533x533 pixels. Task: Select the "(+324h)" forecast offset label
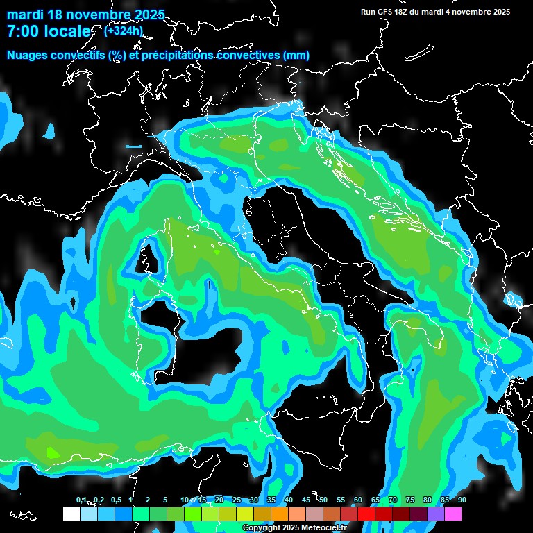click(123, 31)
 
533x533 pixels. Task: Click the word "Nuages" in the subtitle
click(28, 55)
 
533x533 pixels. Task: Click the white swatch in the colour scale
click(71, 514)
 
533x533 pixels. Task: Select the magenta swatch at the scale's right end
click(453, 514)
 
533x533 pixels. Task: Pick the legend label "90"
click(462, 500)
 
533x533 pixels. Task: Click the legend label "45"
click(306, 500)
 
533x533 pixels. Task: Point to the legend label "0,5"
click(116, 500)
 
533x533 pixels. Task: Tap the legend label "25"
click(237, 500)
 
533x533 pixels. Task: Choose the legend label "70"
click(393, 500)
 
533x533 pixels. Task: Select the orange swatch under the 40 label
click(280, 514)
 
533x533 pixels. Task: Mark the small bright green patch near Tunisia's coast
click(53, 453)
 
